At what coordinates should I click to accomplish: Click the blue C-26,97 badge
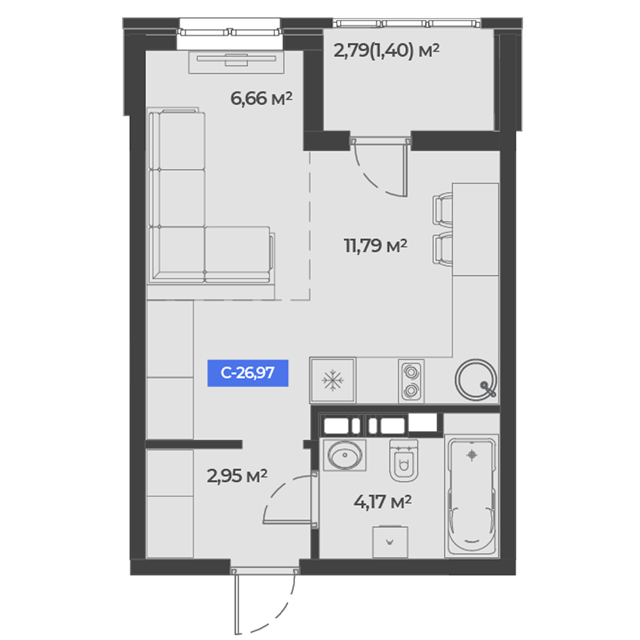point(248,373)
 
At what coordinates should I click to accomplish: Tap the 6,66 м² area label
point(261,99)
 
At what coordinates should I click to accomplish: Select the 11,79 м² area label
point(376,246)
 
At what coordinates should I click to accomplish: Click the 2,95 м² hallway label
point(237,476)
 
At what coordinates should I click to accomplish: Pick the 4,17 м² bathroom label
point(383,502)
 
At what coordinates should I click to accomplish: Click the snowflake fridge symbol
point(333,380)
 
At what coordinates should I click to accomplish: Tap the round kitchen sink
point(476,380)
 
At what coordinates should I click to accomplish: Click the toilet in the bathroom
point(404,460)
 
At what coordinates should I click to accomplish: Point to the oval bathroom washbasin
point(345,454)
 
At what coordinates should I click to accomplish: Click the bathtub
point(472,495)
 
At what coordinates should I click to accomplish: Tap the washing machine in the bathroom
point(390,542)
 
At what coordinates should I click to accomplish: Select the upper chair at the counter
point(444,209)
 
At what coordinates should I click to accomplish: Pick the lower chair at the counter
point(444,248)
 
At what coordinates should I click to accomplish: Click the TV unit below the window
point(236,62)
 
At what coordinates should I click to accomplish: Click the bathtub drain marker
point(472,454)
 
